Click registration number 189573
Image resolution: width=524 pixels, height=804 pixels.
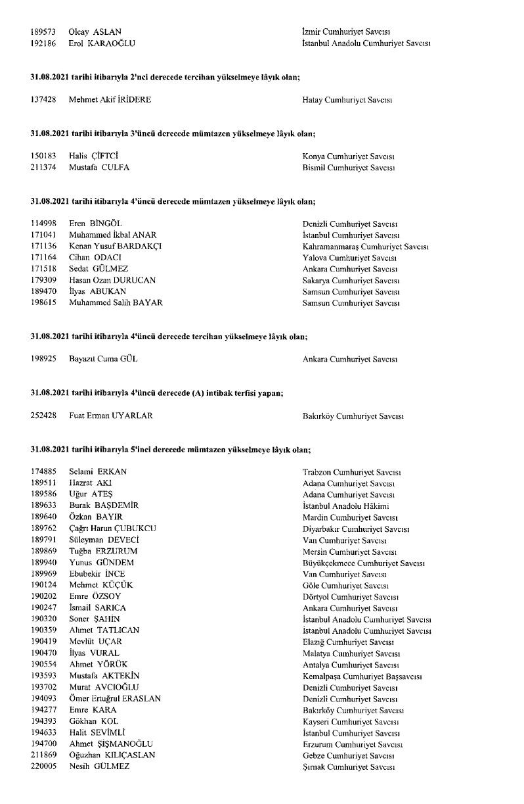(x=43, y=32)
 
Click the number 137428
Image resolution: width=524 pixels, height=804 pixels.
(x=43, y=101)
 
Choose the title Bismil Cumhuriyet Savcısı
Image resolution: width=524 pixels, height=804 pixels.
(x=349, y=168)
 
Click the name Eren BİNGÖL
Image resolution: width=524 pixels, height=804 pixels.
(x=95, y=224)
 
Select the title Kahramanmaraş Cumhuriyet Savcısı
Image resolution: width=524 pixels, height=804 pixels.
(x=366, y=247)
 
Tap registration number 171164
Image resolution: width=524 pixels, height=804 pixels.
(x=43, y=258)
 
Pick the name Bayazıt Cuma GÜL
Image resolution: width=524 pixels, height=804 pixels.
(x=103, y=360)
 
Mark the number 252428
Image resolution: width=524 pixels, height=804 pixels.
(x=43, y=416)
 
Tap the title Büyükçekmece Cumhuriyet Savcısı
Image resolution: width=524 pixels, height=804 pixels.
(x=364, y=563)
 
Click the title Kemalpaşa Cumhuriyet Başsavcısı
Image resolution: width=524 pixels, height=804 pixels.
(x=362, y=676)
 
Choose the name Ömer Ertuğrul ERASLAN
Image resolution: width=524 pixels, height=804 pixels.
(x=115, y=699)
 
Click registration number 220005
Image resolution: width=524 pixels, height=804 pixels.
(x=43, y=767)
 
